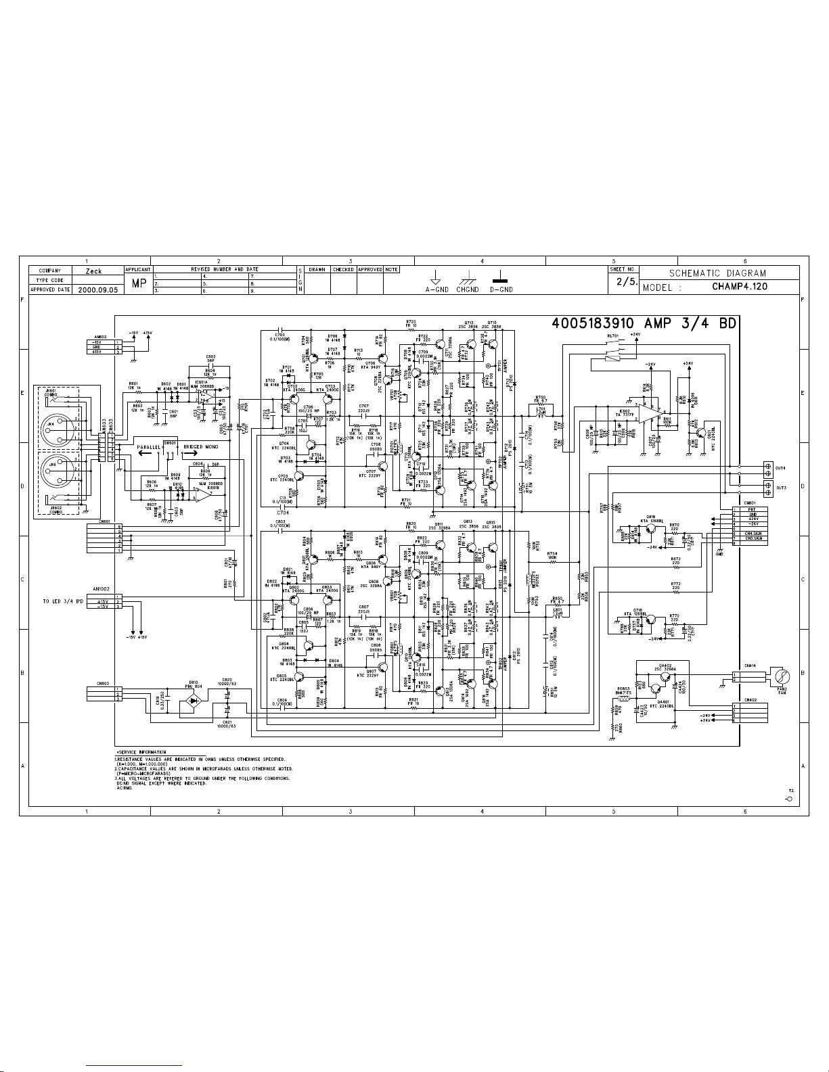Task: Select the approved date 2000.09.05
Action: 98,289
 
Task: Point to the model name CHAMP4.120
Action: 739,286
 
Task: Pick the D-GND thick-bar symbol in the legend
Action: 501,279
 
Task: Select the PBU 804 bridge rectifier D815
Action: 194,704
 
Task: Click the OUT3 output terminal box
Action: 768,487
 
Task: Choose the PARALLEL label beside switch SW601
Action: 148,448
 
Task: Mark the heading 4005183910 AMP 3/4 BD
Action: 643,324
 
